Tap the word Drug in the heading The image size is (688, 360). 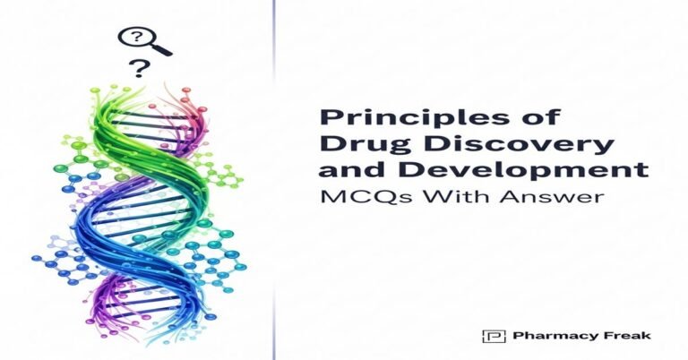click(348, 143)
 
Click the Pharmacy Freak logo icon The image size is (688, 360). click(488, 336)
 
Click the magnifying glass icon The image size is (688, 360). click(138, 40)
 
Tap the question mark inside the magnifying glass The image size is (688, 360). click(134, 38)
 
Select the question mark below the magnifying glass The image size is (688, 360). click(138, 68)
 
